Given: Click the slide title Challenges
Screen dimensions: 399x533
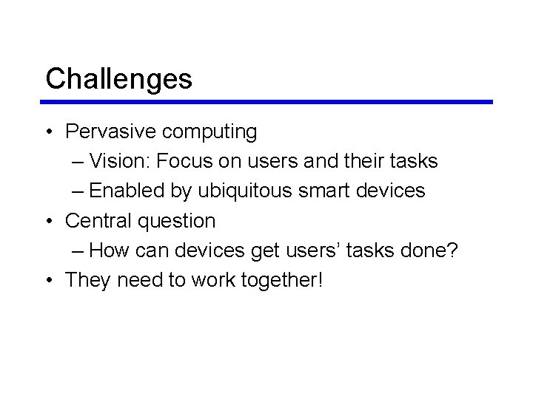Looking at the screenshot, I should point(118,78).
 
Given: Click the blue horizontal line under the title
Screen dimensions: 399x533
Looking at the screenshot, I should point(268,102).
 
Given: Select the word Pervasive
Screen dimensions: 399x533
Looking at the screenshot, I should point(110,132).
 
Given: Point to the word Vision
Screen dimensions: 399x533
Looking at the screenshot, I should point(121,161).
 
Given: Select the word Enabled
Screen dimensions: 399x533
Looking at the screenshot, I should point(128,191).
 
